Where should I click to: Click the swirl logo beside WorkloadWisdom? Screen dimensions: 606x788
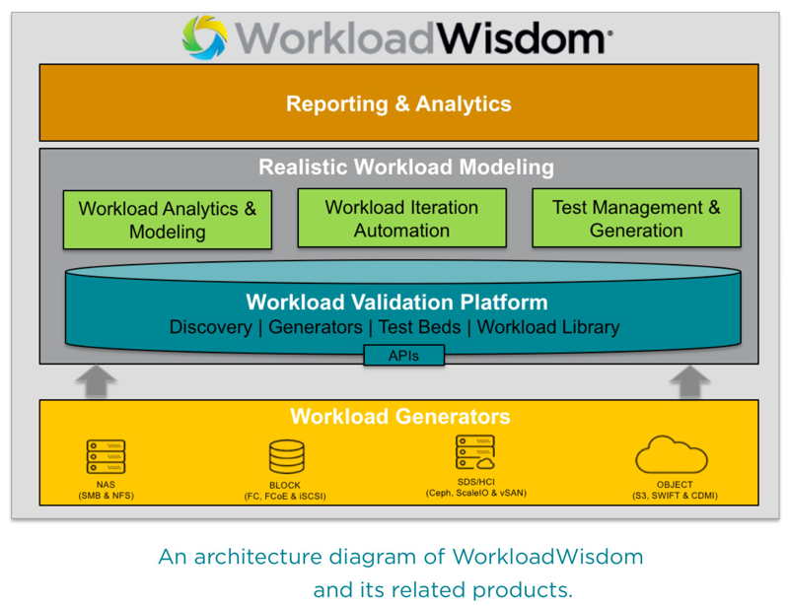coord(205,37)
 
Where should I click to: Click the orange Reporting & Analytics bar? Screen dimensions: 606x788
coord(398,103)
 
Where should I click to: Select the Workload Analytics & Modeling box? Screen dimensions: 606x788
coord(167,220)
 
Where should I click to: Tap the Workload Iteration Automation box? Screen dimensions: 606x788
coord(401,218)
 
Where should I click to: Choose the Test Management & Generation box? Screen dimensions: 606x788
coord(636,218)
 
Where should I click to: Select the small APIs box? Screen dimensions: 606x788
coord(403,355)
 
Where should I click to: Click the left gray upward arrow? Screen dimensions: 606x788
coord(95,381)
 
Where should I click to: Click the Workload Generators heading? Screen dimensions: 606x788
coord(399,416)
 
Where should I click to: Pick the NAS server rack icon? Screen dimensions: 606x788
coord(106,457)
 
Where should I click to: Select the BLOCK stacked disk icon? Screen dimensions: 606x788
coord(286,457)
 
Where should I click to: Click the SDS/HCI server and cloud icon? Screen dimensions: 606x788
coord(474,452)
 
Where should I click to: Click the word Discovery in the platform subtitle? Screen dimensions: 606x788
coord(210,327)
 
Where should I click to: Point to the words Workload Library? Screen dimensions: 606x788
coord(548,327)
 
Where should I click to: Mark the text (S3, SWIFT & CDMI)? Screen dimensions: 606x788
coord(676,496)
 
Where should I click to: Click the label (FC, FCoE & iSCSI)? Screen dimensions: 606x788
coord(285,496)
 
